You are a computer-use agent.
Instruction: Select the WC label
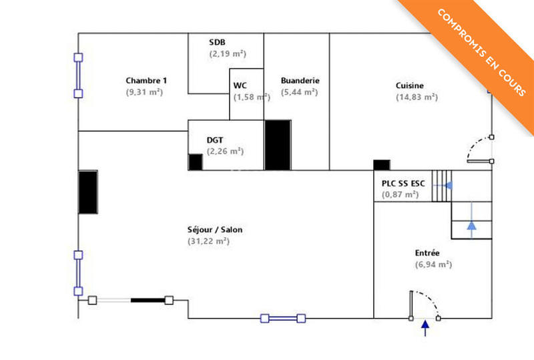(x=240, y=85)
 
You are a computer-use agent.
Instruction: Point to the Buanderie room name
(x=300, y=81)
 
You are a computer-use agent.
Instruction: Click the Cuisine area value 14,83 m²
(x=416, y=97)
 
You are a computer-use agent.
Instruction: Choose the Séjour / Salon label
(x=215, y=230)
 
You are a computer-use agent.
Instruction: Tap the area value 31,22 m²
(x=208, y=241)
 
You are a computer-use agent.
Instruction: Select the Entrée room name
(x=427, y=253)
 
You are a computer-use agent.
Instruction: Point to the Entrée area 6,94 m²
(x=433, y=264)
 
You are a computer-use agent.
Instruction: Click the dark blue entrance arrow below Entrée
(x=425, y=328)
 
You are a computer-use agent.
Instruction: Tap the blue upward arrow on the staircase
(x=472, y=226)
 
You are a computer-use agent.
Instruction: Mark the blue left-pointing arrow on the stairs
(x=448, y=185)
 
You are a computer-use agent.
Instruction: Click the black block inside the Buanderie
(x=278, y=145)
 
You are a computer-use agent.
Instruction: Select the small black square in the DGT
(x=195, y=162)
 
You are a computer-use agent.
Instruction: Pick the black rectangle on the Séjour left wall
(x=88, y=192)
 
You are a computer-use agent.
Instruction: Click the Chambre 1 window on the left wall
(x=77, y=75)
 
